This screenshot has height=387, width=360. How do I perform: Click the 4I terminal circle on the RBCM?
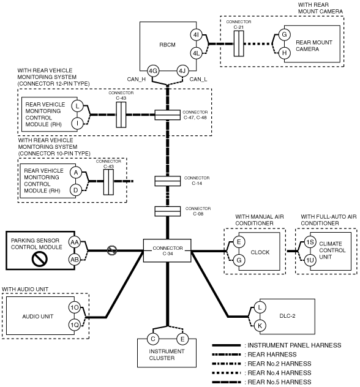[196, 35]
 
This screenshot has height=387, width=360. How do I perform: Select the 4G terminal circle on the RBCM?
[153, 71]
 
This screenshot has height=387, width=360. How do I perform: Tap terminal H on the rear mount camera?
[284, 53]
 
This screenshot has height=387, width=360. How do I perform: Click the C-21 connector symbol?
[239, 43]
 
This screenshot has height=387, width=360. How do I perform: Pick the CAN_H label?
[136, 79]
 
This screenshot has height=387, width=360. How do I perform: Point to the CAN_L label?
[198, 79]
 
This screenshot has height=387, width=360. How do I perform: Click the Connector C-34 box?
[167, 250]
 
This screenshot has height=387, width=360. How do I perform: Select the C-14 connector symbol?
[168, 181]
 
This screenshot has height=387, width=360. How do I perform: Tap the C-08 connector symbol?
[168, 211]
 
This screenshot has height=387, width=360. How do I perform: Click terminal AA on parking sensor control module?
[74, 242]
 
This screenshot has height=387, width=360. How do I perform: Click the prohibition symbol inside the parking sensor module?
[39, 259]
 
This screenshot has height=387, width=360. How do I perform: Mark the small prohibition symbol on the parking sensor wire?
[112, 250]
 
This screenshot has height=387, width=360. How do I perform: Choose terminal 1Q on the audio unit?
[74, 325]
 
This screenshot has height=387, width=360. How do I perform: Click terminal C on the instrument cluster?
[153, 339]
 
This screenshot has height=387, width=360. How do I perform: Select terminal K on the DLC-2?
[260, 326]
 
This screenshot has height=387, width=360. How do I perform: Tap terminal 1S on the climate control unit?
[310, 242]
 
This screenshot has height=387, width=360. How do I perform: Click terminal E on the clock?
[239, 242]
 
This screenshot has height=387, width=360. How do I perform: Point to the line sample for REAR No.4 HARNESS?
[227, 373]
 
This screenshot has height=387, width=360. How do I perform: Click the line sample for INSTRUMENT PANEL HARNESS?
[227, 345]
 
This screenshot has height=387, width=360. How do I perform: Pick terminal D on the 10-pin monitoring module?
[75, 190]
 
